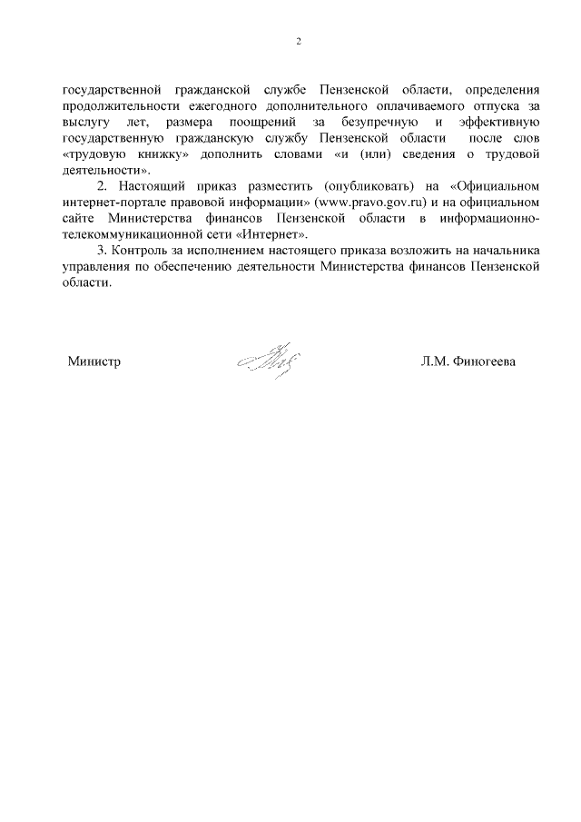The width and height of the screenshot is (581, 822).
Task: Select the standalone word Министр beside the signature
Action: [94, 361]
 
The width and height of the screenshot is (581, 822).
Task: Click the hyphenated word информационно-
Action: [490, 219]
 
